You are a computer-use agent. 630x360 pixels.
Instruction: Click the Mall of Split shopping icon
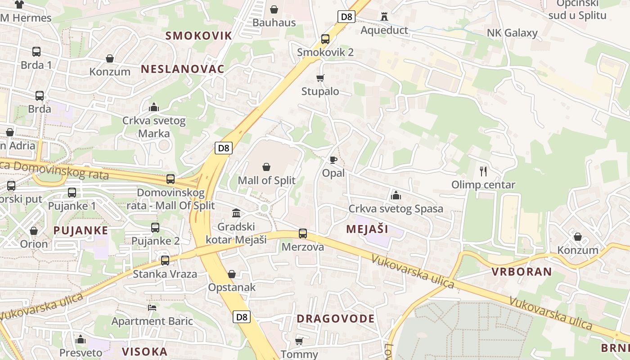[x=266, y=167]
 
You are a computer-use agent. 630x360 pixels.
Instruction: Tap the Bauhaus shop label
[x=274, y=22]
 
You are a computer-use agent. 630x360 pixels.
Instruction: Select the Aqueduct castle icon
[x=384, y=17]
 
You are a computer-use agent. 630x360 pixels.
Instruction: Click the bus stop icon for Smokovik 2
[x=325, y=39]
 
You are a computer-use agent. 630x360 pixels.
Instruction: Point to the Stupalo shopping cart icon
[x=320, y=78]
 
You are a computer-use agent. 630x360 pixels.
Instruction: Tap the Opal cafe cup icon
[x=333, y=160]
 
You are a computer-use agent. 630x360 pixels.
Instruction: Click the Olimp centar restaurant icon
[x=483, y=171]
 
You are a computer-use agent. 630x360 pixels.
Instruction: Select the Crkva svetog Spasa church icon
[x=396, y=195]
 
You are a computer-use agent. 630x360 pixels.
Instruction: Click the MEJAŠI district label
[x=367, y=229]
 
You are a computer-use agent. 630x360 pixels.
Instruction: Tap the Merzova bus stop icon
[x=303, y=234]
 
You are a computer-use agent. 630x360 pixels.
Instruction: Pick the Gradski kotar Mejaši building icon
[x=236, y=213]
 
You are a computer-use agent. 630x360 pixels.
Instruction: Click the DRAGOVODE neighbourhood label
[x=335, y=319]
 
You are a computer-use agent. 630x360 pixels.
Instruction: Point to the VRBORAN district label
[x=522, y=271]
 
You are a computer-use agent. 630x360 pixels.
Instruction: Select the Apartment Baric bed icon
[x=152, y=308]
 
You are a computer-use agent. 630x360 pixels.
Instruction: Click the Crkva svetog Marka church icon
[x=154, y=107]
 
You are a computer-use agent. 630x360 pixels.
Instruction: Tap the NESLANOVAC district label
[x=182, y=69]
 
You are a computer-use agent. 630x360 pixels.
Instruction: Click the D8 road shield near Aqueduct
[x=346, y=17]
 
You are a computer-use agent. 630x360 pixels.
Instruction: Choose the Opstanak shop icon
[x=232, y=274]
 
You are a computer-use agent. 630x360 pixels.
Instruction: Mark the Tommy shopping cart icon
[x=299, y=341]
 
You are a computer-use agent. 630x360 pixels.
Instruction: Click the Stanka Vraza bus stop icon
[x=165, y=260]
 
